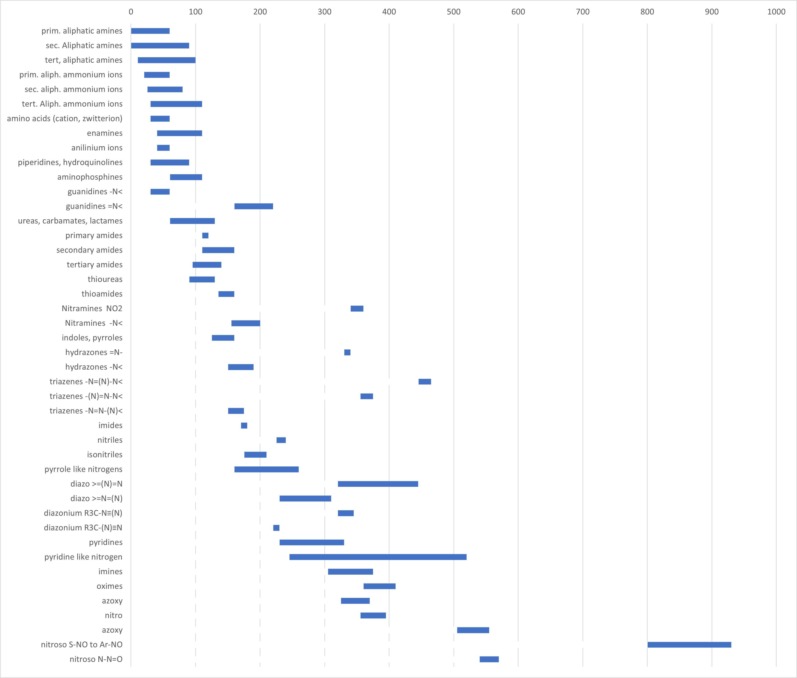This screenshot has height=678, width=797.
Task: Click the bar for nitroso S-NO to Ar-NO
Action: click(x=689, y=644)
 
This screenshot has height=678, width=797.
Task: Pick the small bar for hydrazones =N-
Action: click(x=347, y=352)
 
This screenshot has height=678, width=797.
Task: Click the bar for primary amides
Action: click(x=205, y=236)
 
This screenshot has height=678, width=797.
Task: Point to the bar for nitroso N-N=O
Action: click(x=489, y=659)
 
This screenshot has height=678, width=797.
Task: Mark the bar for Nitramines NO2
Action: click(x=357, y=309)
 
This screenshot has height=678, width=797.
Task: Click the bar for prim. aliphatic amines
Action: click(x=150, y=31)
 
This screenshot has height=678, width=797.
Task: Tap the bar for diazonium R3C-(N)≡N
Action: click(x=276, y=528)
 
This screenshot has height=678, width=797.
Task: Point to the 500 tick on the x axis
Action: click(x=454, y=12)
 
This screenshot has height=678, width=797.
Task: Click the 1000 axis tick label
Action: click(x=776, y=12)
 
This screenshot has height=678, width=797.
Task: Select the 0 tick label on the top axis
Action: click(x=131, y=12)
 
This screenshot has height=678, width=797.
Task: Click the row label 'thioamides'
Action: click(x=102, y=294)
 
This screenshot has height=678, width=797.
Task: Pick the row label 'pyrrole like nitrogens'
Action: click(x=83, y=469)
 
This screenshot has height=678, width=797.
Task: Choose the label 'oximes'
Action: click(x=110, y=586)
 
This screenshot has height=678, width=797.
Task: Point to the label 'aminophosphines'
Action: click(x=90, y=177)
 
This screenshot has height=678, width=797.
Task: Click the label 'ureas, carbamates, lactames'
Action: click(x=70, y=221)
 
